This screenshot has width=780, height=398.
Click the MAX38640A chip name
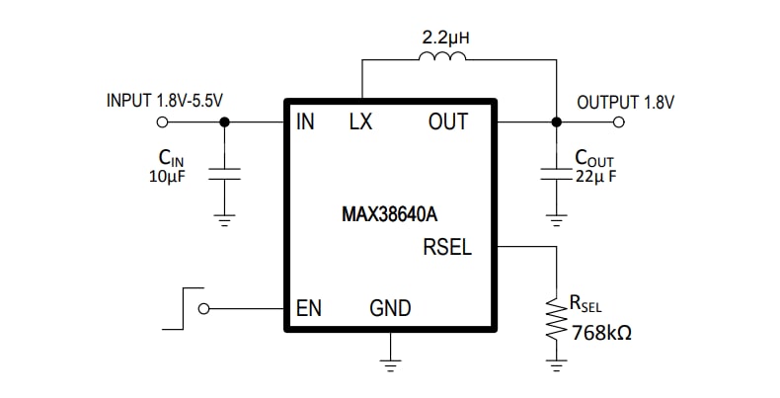click(390, 211)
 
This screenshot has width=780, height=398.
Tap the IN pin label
click(304, 123)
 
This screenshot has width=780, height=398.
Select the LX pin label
click(361, 123)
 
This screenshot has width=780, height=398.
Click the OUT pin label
click(447, 123)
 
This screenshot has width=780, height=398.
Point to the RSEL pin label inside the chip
click(447, 247)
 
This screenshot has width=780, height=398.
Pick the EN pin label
click(309, 308)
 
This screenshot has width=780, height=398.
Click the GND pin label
click(390, 308)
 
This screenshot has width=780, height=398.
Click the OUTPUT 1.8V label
click(626, 101)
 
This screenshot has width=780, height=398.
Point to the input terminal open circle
click(162, 122)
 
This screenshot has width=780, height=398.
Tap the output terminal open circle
click(619, 122)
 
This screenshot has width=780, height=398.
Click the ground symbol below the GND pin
click(392, 366)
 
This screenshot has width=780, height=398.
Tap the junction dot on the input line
click(225, 122)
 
